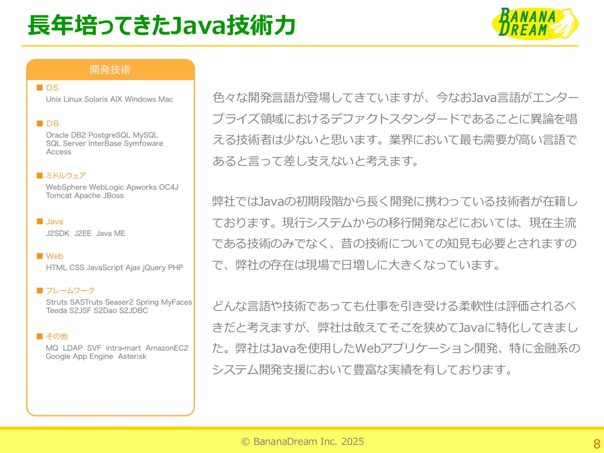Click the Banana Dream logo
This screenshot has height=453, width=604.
[535, 24]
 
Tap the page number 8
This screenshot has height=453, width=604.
[597, 444]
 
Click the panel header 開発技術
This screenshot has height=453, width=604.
[110, 70]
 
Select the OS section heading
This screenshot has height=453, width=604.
[52, 87]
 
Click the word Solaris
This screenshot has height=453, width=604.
[96, 99]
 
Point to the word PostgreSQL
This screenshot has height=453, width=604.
[109, 135]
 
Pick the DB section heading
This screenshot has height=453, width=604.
[53, 123]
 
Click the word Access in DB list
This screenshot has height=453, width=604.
[59, 152]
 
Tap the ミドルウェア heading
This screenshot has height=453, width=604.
[66, 175]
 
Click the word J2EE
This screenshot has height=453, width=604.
[83, 233]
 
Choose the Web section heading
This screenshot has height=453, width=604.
[55, 256]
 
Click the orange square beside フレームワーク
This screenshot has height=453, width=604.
[40, 290]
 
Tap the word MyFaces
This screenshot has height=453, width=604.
[176, 302]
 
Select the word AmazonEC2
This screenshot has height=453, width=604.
[167, 348]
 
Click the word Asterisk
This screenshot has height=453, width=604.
[132, 356]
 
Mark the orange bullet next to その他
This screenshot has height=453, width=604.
[40, 336]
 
